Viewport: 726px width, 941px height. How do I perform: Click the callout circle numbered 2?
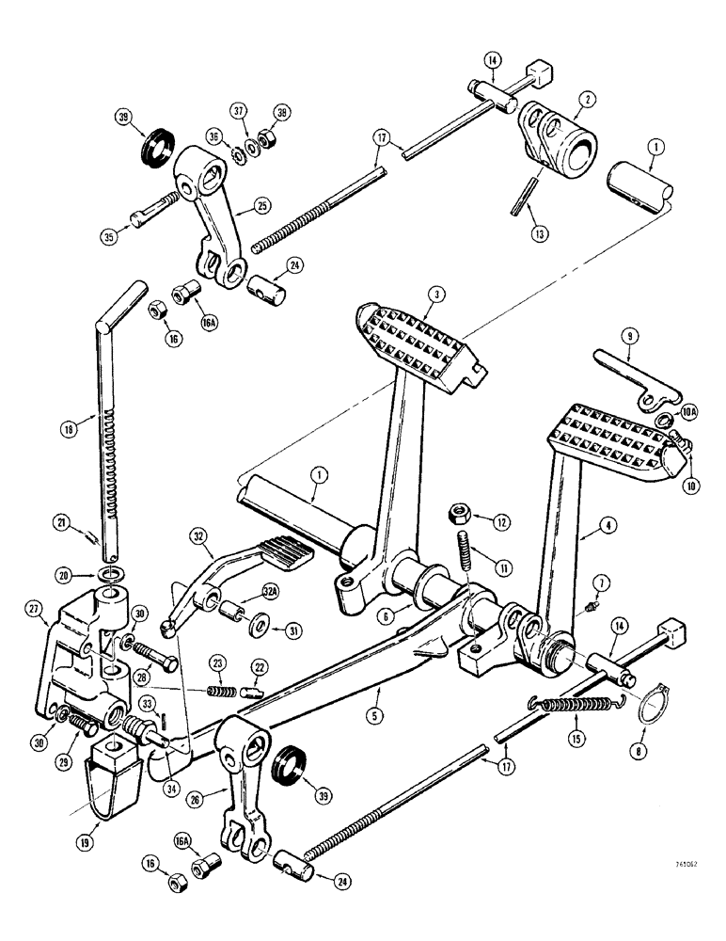(586, 97)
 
